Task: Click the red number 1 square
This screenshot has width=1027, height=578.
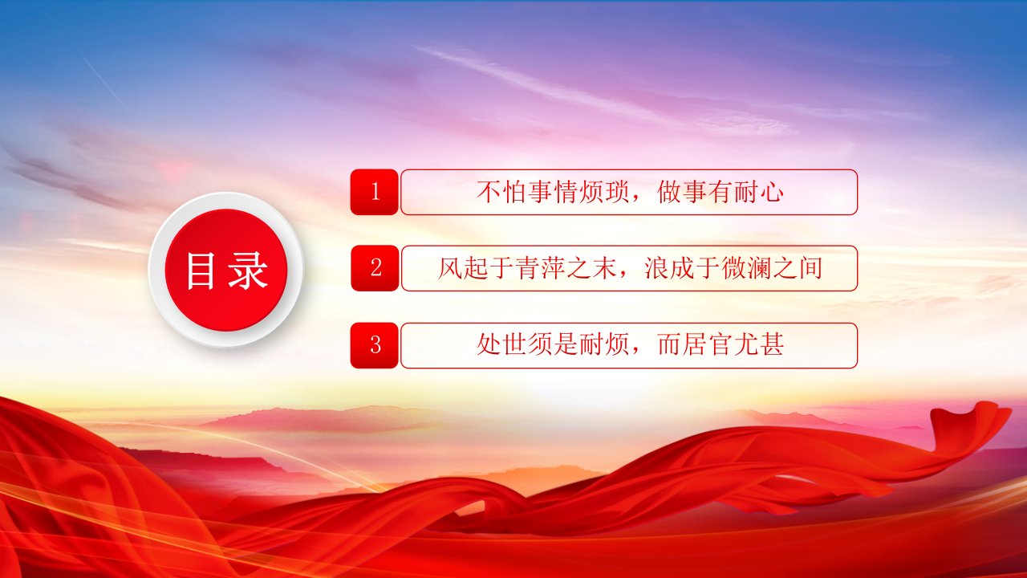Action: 374,192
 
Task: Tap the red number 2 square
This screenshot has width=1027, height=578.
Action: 375,268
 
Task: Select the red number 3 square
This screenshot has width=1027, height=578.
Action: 374,345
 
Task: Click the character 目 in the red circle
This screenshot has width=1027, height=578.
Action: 201,271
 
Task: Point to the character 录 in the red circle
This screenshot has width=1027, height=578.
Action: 248,271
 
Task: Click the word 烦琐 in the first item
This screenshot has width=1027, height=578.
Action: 604,192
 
